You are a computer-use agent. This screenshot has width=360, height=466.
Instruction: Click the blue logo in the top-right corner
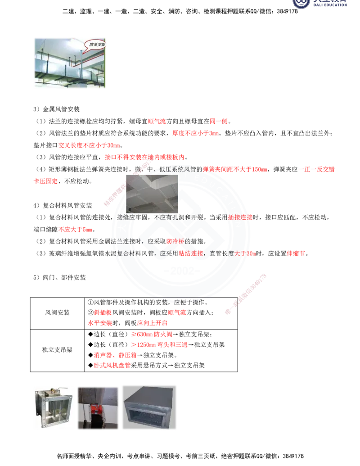pyautogui.click(x=320, y=4)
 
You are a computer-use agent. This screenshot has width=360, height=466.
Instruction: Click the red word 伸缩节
pyautogui.click(x=296, y=253)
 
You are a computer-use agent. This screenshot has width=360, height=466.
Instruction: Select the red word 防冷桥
pyautogui.click(x=175, y=241)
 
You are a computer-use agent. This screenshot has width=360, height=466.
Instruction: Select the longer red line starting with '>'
pyautogui.click(x=159, y=345)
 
